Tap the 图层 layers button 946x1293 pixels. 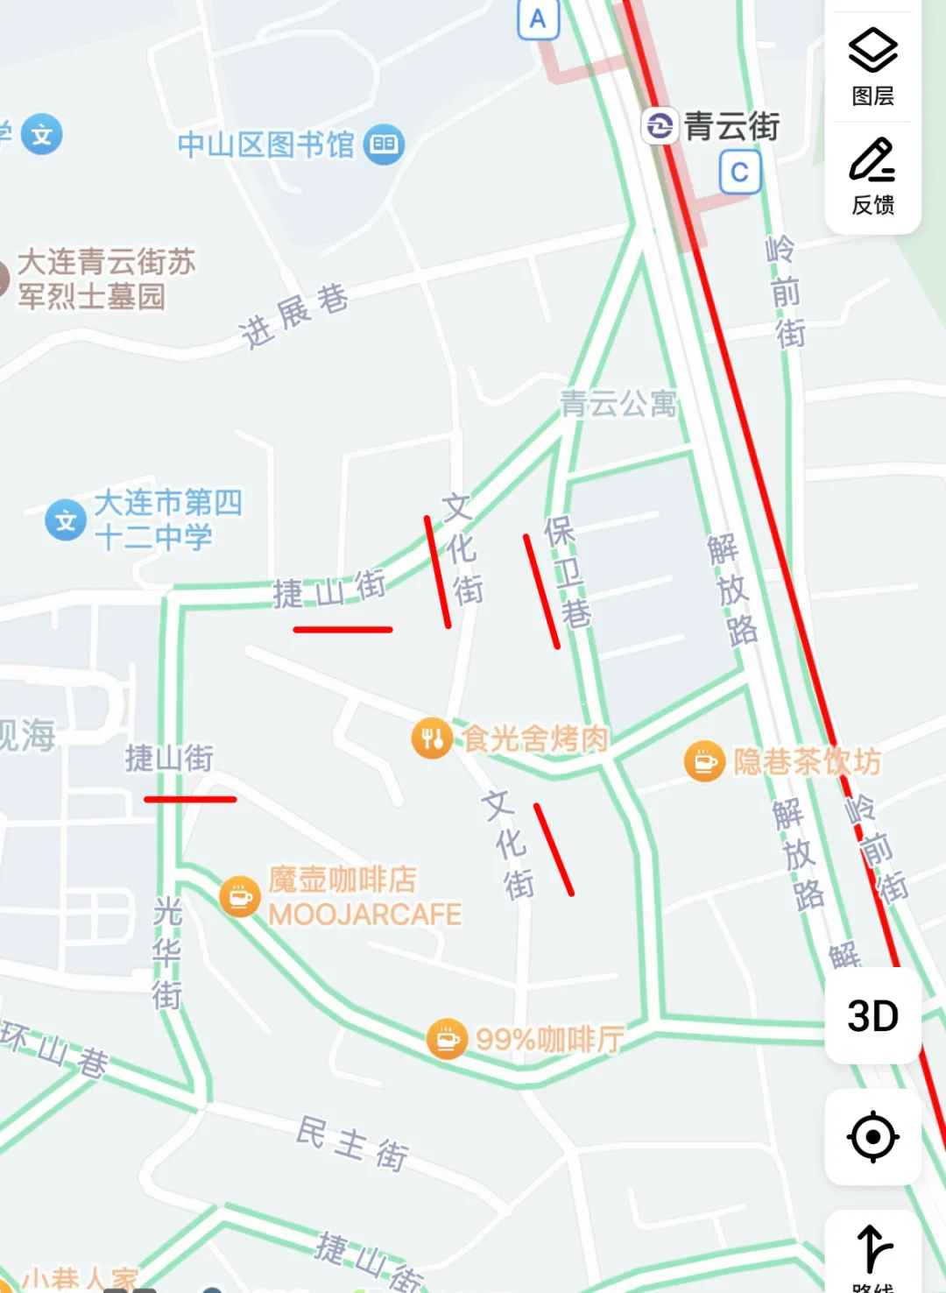click(872, 66)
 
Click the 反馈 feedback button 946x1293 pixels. click(872, 175)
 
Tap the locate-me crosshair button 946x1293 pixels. click(872, 1137)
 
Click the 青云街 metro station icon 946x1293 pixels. click(660, 126)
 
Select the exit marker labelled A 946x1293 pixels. click(538, 19)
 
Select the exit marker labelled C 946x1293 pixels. click(740, 172)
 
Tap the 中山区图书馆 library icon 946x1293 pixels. click(384, 145)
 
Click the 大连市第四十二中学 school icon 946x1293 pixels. click(66, 520)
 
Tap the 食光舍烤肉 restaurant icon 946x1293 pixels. click(432, 738)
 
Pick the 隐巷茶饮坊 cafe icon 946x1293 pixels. click(704, 761)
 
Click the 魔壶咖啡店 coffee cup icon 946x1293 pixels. click(239, 897)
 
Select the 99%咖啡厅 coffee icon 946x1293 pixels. click(447, 1039)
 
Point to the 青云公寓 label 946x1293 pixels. click(618, 404)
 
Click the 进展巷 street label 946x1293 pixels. click(293, 315)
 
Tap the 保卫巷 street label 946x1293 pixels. click(568, 571)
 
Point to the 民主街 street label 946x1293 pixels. click(352, 1143)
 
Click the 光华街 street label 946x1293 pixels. click(166, 952)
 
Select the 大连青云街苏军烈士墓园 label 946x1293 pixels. click(105, 279)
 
